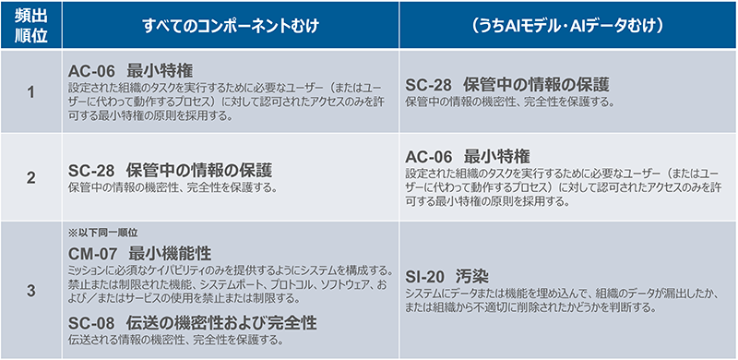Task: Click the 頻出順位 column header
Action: click(x=30, y=26)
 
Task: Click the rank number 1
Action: click(x=30, y=93)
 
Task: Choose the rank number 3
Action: click(x=30, y=291)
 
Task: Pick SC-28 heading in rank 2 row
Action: click(x=171, y=170)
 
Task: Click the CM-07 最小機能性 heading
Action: click(x=140, y=252)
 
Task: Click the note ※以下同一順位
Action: click(x=102, y=233)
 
